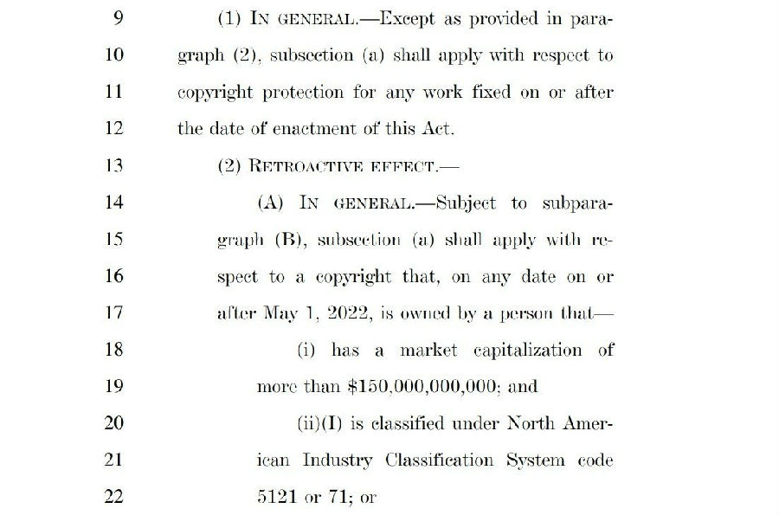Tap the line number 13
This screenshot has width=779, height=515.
tap(113, 166)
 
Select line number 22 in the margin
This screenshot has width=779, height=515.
tap(113, 497)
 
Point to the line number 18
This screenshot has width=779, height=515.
tap(113, 350)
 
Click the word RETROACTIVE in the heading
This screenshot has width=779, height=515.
tap(303, 166)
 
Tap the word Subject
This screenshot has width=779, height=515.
tap(467, 203)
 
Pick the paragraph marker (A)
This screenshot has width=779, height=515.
tap(273, 203)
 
